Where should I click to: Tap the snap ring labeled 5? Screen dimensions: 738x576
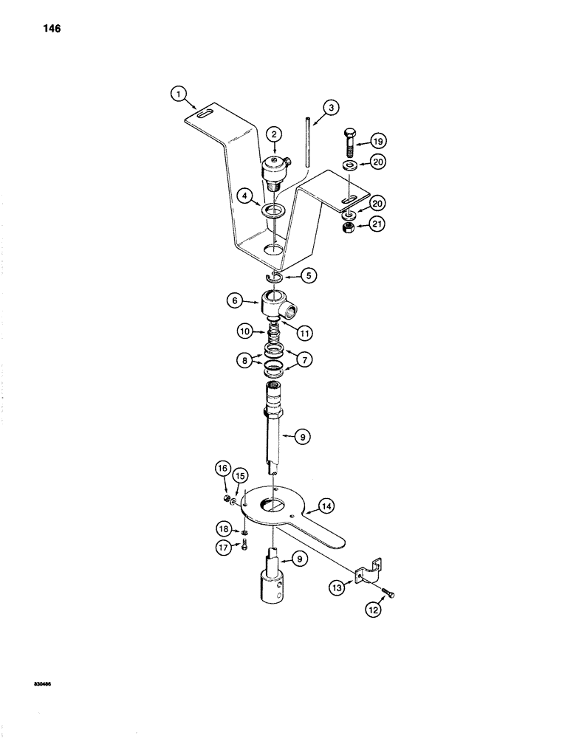pos(275,277)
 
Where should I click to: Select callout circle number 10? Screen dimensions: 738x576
pos(245,332)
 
